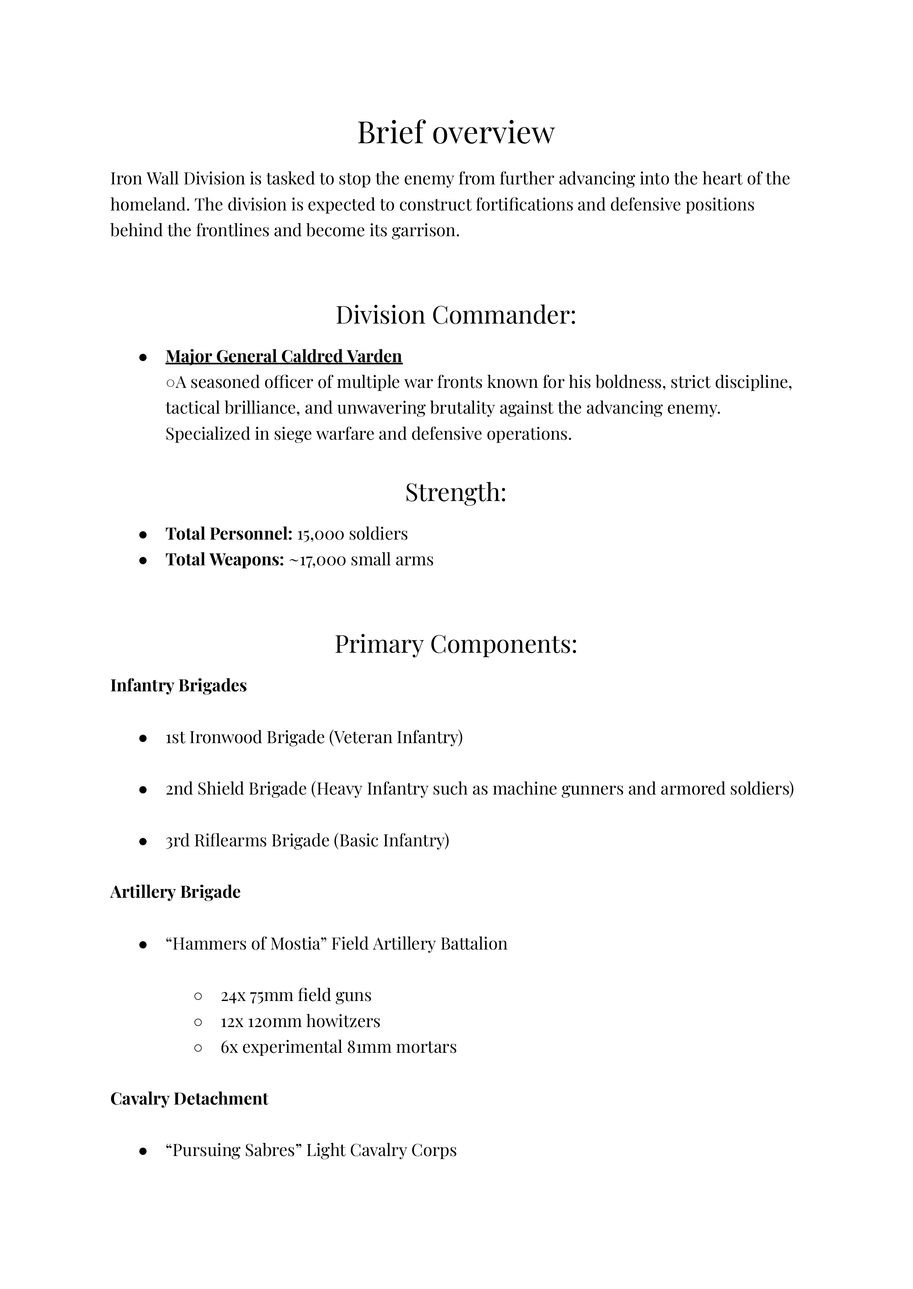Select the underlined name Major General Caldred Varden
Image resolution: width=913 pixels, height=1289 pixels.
coord(284,356)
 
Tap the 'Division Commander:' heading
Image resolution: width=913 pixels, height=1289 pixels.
coord(456,315)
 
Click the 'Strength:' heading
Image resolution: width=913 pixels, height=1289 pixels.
coord(456,492)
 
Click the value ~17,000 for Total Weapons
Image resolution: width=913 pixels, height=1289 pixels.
coord(318,560)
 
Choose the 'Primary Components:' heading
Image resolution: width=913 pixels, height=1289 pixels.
coord(456,644)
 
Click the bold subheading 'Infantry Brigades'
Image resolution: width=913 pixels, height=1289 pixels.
coord(178,685)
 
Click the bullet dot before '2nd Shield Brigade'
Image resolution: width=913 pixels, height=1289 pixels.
coord(143,789)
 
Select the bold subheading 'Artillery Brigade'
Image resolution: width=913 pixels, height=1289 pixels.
coord(175,892)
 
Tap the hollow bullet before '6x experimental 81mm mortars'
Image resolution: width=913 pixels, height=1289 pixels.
coord(197,1047)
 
